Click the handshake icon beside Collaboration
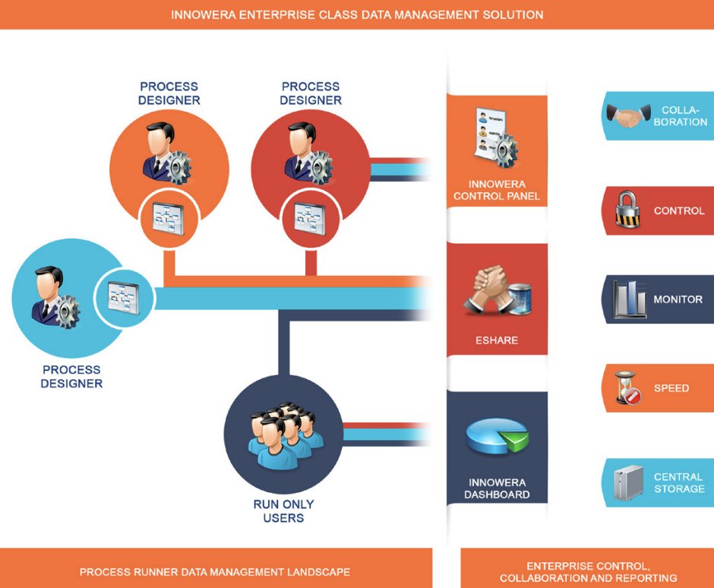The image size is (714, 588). point(628,116)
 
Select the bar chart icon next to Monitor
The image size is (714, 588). point(630,299)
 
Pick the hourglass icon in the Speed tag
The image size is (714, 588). point(627,387)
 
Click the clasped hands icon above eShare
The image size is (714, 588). point(497,292)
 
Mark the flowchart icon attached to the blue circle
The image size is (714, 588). point(125,297)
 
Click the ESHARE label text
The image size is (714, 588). point(497,340)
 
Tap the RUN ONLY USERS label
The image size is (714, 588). point(283,511)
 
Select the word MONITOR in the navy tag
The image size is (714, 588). point(678,299)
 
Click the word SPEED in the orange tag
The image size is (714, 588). point(671,388)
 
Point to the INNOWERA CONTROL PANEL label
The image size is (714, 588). point(497,190)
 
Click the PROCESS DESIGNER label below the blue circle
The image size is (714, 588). point(71,377)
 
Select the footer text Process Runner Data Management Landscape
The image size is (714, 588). point(215,571)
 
